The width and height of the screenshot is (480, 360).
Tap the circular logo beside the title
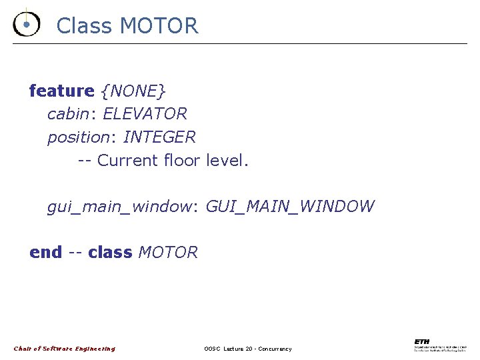[26, 24]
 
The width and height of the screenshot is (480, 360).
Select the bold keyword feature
[62, 91]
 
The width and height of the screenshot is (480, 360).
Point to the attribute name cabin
[68, 114]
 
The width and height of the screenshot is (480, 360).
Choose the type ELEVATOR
[145, 114]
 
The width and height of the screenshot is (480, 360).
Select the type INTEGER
[159, 137]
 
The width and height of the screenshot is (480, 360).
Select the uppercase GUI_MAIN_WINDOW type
[290, 207]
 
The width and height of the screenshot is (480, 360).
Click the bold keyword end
[45, 253]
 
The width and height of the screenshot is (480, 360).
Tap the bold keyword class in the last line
[110, 253]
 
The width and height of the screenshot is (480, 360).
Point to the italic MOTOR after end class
[168, 253]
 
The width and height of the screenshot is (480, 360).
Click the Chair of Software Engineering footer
[65, 349]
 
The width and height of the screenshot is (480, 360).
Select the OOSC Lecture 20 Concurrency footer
[248, 349]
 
